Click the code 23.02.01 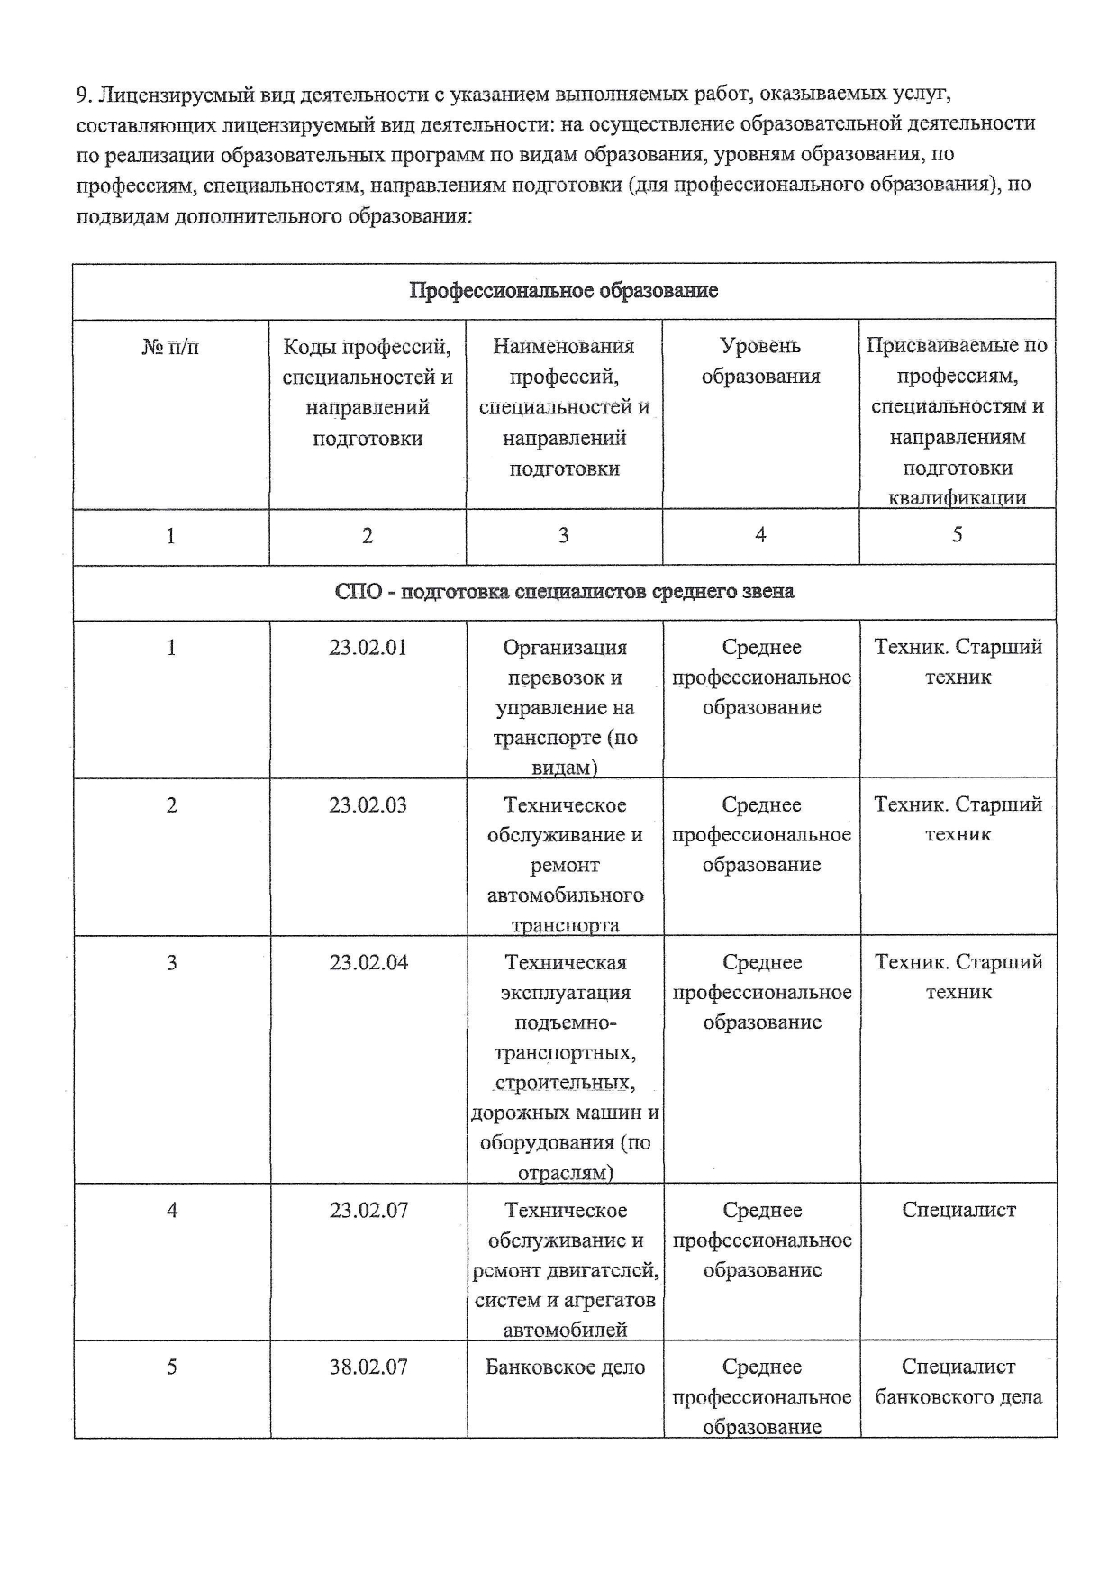click(368, 647)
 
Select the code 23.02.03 click(368, 804)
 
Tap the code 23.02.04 click(368, 962)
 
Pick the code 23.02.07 click(368, 1210)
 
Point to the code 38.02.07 click(368, 1367)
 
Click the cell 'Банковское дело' click(565, 1367)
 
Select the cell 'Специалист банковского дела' click(958, 1382)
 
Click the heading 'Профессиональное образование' click(564, 291)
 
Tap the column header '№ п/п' click(170, 346)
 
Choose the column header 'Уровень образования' click(761, 361)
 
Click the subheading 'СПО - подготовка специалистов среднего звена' click(564, 592)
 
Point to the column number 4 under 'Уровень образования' click(760, 535)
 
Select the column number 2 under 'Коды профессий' click(368, 536)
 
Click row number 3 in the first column click(171, 962)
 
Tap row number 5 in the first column click(171, 1367)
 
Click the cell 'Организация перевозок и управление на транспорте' click(565, 707)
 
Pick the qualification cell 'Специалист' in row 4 click(958, 1210)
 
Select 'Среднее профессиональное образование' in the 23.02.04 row click(762, 992)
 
